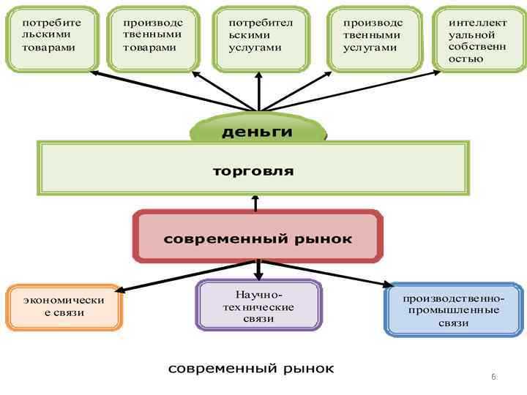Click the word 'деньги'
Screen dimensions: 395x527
coord(257,132)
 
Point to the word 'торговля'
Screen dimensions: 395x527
coord(253,171)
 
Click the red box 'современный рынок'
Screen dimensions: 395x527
coord(257,238)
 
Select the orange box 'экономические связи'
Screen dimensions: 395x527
coord(64,306)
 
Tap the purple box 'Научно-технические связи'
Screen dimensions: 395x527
coord(258,306)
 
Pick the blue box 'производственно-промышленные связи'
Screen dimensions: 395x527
coord(454,310)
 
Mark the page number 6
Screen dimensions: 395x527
coord(493,377)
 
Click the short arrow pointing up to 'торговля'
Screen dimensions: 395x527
coord(255,203)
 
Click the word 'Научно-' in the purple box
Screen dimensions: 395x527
coord(258,294)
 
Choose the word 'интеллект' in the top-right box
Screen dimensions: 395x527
coord(477,23)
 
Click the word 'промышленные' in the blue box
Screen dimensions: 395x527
coord(455,310)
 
